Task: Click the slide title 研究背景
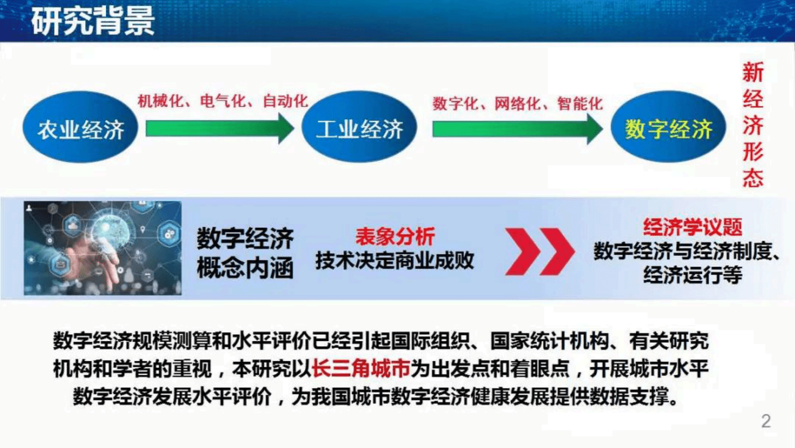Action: click(x=93, y=21)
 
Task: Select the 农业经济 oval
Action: click(x=81, y=127)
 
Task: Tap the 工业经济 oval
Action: click(x=359, y=127)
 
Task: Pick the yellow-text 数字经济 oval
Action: click(x=668, y=127)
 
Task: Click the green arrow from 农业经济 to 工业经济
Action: click(x=219, y=128)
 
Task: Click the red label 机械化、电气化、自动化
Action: click(x=223, y=101)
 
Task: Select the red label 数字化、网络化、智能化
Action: click(x=517, y=104)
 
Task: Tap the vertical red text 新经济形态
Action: click(x=752, y=124)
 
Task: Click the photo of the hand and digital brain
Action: click(x=103, y=248)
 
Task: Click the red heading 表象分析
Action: click(x=395, y=236)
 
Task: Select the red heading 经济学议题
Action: click(x=692, y=228)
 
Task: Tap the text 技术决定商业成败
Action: click(x=395, y=261)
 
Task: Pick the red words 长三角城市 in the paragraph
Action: click(x=361, y=369)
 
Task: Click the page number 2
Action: click(x=765, y=421)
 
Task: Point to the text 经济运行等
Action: click(x=692, y=275)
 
